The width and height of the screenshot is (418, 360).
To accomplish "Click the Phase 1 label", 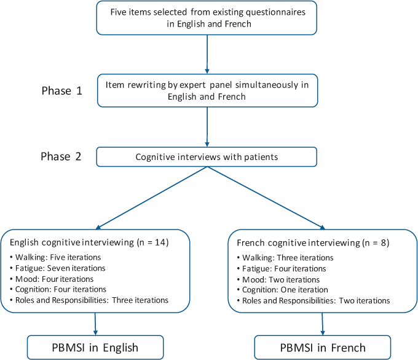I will click(x=61, y=90).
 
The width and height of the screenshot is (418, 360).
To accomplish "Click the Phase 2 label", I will click(x=61, y=156).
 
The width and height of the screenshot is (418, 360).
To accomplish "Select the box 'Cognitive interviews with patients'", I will click(x=207, y=157).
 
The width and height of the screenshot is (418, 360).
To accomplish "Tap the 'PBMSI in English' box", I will click(x=95, y=347).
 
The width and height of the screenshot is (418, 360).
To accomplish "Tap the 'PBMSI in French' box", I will click(x=322, y=347).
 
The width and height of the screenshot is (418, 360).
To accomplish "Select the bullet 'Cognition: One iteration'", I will click(x=280, y=290).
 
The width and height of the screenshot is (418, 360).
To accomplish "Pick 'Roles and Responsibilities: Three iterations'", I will click(x=89, y=300).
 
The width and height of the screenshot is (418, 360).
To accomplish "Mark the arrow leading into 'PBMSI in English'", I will click(x=95, y=324).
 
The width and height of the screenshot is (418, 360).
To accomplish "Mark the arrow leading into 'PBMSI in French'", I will click(x=322, y=324).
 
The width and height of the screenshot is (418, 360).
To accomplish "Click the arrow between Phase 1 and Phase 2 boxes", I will click(x=207, y=126).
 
